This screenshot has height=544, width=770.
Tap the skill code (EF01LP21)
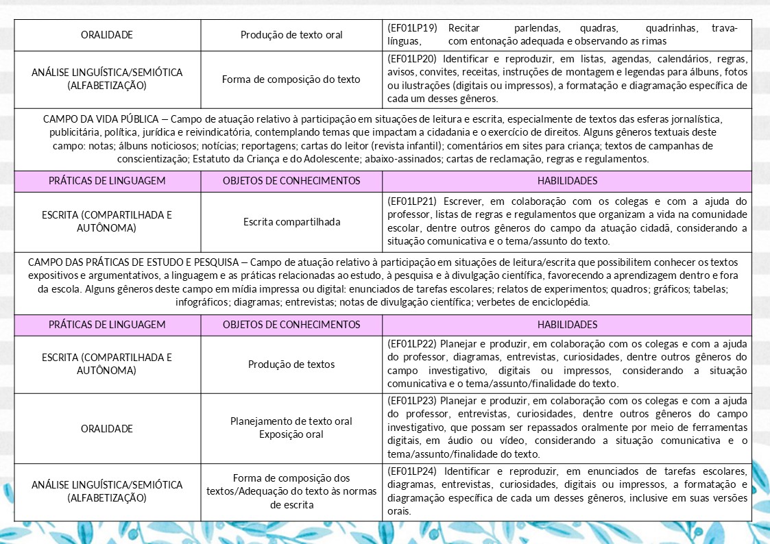[x=413, y=201]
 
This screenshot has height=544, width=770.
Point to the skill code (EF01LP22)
[x=413, y=344]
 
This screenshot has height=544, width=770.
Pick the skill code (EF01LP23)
[x=413, y=400]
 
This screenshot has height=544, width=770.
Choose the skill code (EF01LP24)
[x=413, y=471]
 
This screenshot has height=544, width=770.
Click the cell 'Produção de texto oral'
[x=291, y=34]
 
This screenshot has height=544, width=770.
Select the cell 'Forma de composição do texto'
[x=291, y=79]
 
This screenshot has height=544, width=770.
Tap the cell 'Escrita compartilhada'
[x=291, y=221]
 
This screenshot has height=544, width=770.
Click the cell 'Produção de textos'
[x=291, y=364]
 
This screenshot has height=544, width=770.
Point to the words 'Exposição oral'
[x=291, y=434]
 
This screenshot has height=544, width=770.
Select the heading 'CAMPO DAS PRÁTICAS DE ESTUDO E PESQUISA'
[x=133, y=262]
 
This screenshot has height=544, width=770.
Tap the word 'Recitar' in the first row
[x=464, y=28]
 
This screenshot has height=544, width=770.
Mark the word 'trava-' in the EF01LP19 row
[x=725, y=28]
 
